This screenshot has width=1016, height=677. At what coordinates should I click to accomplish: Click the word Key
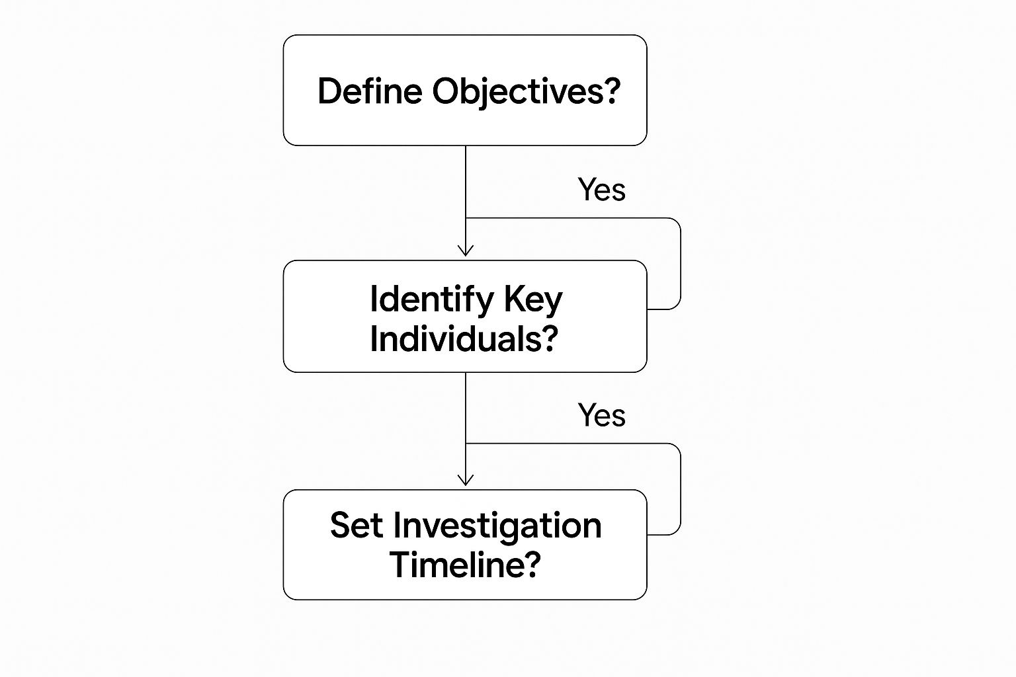[533, 299]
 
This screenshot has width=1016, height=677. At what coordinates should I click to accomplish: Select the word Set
[357, 526]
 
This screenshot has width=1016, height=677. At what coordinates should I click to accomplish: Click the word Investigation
[497, 526]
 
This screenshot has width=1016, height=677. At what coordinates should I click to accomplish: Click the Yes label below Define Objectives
[601, 190]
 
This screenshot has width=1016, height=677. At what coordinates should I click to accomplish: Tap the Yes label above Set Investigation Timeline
[601, 415]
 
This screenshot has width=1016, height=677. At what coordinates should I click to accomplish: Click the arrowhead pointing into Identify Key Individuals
[466, 251]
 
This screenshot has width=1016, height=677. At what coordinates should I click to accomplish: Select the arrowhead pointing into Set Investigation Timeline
[466, 481]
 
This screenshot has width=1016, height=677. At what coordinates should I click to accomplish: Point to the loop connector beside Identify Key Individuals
[680, 264]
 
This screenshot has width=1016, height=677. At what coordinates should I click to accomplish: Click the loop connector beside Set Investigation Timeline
[680, 489]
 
